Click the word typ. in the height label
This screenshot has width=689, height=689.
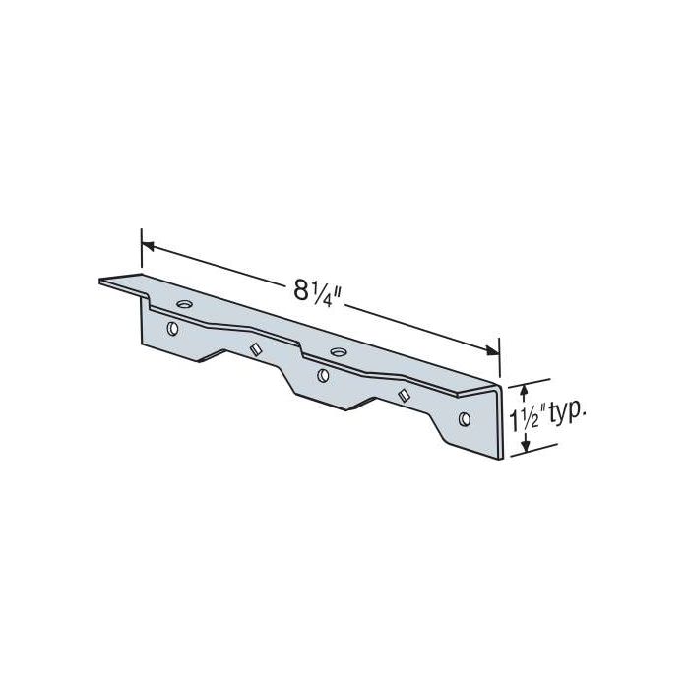coord(563,413)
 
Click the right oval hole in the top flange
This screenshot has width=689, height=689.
coord(338,351)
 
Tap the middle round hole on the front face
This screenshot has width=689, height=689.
coord(323,375)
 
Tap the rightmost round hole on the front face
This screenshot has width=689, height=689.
coord(465,419)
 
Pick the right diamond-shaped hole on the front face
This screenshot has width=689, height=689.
coord(402,395)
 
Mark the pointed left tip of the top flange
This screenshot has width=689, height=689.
coord(101,282)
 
